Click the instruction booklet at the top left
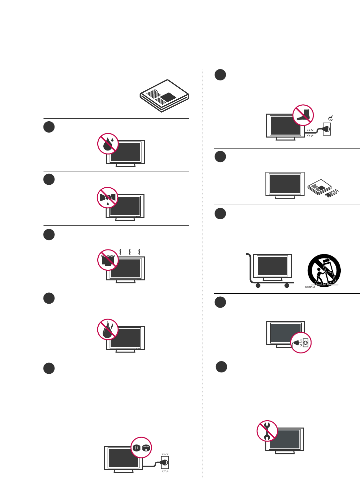click(164, 96)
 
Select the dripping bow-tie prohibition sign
click(108, 198)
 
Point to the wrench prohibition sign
click(267, 431)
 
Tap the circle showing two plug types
click(141, 447)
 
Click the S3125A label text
click(310, 287)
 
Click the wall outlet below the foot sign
click(327, 129)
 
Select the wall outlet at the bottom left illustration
click(164, 462)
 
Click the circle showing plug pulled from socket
click(301, 342)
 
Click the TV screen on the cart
click(272, 266)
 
